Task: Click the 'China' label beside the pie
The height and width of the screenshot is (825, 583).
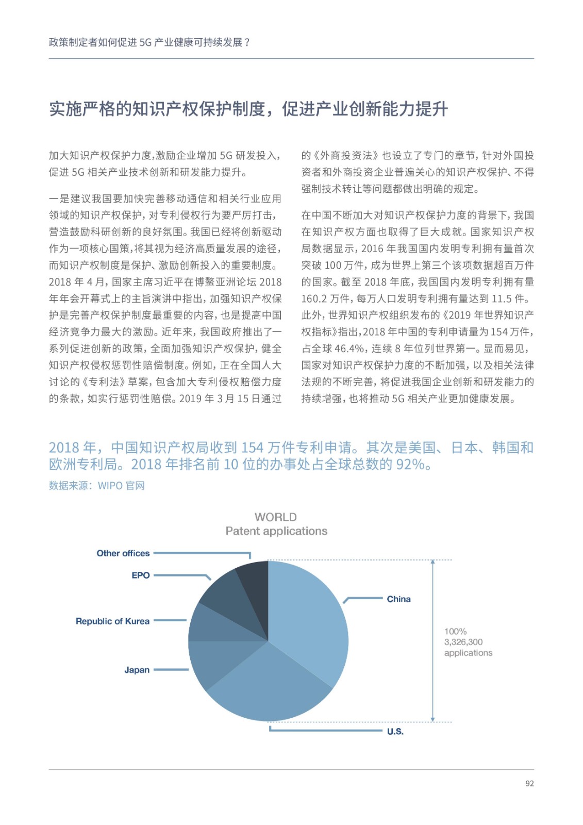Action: [x=398, y=599]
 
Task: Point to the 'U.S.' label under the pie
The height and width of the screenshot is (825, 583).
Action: [x=395, y=732]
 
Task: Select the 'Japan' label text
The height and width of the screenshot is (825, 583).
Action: [x=137, y=670]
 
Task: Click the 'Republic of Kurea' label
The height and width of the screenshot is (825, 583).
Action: [x=112, y=621]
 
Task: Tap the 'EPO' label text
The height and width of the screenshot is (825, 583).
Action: [x=140, y=575]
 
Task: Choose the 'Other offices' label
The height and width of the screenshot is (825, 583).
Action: [x=123, y=553]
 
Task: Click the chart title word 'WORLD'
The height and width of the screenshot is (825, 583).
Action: [x=276, y=517]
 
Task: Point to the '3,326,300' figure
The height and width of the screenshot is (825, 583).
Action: [x=463, y=642]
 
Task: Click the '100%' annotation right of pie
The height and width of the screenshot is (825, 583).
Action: [x=455, y=631]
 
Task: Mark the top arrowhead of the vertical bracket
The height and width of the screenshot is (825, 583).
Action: [x=432, y=562]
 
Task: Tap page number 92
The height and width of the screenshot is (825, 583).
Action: [x=529, y=784]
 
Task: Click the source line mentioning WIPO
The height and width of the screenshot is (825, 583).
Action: [x=97, y=486]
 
